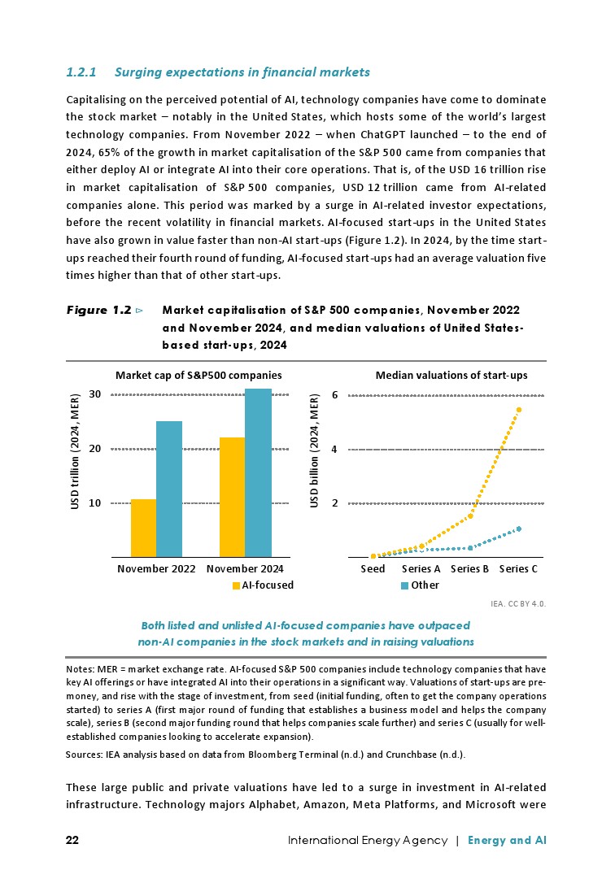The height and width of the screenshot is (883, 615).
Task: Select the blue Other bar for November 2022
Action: click(169, 489)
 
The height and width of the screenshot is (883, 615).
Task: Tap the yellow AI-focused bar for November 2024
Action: click(232, 497)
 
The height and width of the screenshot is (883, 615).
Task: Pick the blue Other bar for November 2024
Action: click(258, 472)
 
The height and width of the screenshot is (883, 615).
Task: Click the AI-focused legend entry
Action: click(263, 585)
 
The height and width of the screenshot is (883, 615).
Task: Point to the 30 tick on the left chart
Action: click(94, 394)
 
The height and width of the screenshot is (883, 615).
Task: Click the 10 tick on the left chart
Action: click(94, 503)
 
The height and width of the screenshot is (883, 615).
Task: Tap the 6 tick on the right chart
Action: click(334, 395)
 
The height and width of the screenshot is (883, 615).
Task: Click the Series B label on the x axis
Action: click(469, 569)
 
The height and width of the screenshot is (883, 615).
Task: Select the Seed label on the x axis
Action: click(373, 569)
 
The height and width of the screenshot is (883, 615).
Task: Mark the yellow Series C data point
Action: click(518, 409)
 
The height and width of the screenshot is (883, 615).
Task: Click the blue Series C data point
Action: click(518, 529)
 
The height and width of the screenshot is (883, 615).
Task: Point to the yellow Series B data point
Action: click(470, 516)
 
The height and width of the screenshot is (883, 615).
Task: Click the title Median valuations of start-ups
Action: click(451, 376)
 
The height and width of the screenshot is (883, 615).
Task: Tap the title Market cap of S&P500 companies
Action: click(198, 376)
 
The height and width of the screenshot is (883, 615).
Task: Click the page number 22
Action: click(72, 840)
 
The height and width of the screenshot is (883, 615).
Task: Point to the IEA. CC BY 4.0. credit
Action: click(518, 604)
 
